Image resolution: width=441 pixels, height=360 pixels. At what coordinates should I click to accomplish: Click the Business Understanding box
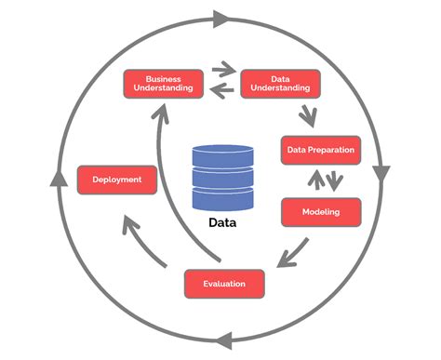click(x=163, y=83)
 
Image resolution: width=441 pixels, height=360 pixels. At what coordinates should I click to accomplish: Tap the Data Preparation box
click(x=319, y=149)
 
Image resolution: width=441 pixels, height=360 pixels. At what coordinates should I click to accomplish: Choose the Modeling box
click(x=320, y=212)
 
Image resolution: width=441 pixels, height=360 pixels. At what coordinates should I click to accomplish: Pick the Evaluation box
click(x=223, y=282)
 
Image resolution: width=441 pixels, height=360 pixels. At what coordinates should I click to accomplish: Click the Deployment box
click(x=117, y=180)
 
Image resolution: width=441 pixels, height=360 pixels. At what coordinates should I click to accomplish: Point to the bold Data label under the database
click(x=221, y=223)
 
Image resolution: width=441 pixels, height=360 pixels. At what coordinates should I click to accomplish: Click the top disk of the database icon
click(x=221, y=156)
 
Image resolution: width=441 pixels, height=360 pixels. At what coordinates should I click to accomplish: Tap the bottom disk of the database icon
click(x=221, y=199)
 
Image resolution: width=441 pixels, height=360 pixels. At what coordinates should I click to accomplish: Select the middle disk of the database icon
click(x=221, y=178)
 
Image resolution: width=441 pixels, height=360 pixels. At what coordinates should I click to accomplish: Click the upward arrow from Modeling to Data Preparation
click(x=313, y=179)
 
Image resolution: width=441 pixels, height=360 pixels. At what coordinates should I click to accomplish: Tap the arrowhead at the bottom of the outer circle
click(x=220, y=341)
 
